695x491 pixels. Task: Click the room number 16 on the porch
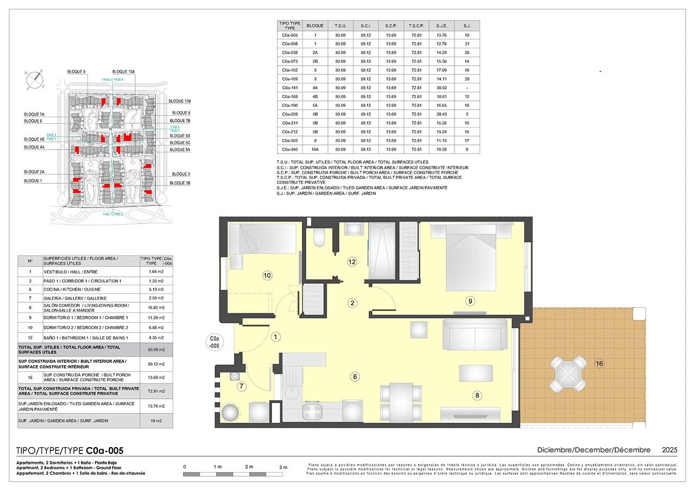(x=599, y=364)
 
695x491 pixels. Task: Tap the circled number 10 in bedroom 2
(x=267, y=276)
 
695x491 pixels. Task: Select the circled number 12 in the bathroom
(x=352, y=262)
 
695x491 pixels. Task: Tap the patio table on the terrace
(x=568, y=374)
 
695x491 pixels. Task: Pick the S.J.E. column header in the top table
(x=441, y=25)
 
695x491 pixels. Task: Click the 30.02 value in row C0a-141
(x=441, y=87)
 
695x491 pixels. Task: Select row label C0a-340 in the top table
(x=289, y=149)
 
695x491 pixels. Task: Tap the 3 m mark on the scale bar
(x=283, y=467)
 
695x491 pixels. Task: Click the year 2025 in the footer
(x=669, y=450)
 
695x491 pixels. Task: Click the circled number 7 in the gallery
(x=242, y=386)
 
